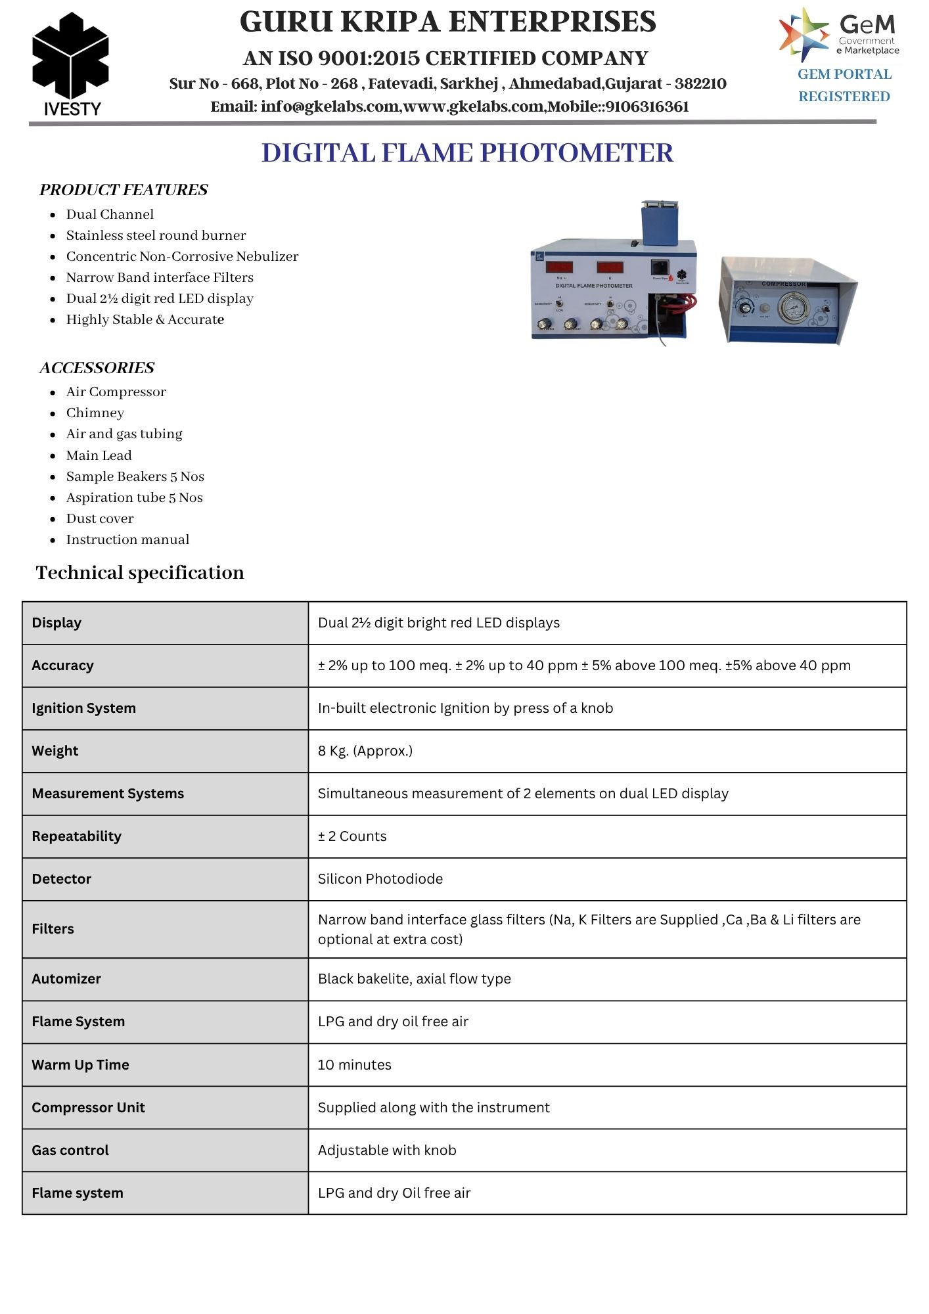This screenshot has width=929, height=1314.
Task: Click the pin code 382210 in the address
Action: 700,84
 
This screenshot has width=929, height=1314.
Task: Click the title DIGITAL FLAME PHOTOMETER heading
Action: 467,153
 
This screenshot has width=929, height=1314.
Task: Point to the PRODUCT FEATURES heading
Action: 124,190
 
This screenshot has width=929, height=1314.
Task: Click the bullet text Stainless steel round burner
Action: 156,235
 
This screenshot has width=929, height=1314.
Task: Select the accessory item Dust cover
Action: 100,518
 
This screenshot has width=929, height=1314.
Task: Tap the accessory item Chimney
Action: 95,413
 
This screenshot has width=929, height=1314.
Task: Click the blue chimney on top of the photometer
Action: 660,220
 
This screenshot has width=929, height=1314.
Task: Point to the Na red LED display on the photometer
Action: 559,267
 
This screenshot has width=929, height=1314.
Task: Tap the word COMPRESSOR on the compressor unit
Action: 783,284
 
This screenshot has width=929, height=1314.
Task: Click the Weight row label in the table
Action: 55,751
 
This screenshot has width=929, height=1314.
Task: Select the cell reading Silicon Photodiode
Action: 380,879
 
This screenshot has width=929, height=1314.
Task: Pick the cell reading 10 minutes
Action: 355,1065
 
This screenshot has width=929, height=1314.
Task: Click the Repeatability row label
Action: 77,836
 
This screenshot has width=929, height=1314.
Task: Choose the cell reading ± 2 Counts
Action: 353,836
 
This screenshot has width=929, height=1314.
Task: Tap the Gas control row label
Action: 70,1150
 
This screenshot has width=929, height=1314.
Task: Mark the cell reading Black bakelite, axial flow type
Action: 415,979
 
